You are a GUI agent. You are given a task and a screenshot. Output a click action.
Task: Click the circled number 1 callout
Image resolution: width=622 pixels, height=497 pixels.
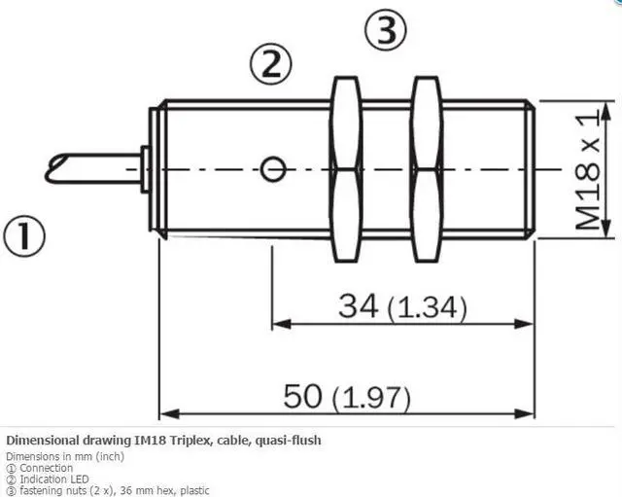click(24, 236)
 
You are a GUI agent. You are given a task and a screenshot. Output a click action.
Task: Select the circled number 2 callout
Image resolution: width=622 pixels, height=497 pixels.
click(271, 65)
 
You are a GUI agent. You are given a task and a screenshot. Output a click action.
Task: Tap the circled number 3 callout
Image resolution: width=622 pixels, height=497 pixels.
click(386, 29)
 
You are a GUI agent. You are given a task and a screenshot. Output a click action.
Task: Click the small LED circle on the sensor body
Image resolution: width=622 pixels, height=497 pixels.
click(273, 169)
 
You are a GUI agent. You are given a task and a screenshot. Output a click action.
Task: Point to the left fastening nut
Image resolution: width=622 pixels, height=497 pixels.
click(346, 169)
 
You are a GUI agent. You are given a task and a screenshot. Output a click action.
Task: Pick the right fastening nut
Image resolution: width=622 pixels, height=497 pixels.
click(427, 169)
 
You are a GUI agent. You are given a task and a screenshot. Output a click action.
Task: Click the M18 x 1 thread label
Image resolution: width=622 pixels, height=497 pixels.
click(587, 171)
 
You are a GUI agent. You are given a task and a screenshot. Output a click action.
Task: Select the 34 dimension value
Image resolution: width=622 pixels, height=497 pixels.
click(359, 306)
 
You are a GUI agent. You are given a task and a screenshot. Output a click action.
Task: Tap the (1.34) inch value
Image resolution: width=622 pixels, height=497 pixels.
click(428, 308)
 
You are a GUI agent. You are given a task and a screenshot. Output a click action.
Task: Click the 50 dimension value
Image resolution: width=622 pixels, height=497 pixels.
click(302, 396)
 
